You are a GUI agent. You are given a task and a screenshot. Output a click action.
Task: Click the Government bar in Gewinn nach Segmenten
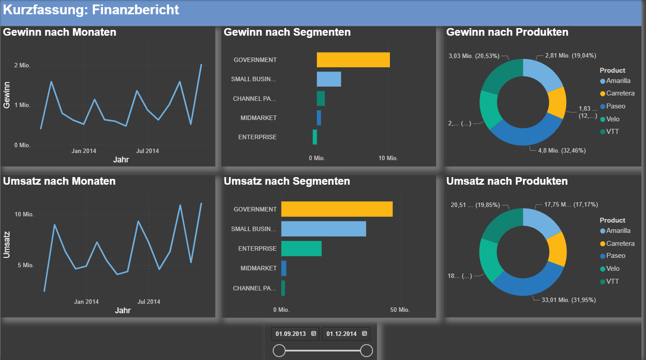pyautogui.click(x=353, y=60)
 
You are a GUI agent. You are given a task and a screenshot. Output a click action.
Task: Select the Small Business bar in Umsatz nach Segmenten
pyautogui.click(x=323, y=229)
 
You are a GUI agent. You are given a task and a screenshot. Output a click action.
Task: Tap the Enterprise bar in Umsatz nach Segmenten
pyautogui.click(x=301, y=248)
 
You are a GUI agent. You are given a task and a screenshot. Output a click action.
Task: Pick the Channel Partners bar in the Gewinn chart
pyautogui.click(x=321, y=99)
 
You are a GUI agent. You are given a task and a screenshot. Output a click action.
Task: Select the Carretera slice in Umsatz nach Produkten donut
pyautogui.click(x=556, y=249)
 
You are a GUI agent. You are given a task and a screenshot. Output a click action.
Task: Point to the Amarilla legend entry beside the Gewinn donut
pyautogui.click(x=618, y=81)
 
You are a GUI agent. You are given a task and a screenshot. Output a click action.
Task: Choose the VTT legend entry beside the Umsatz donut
pyautogui.click(x=613, y=281)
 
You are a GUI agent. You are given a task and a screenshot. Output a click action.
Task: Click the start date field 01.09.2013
pyautogui.click(x=290, y=334)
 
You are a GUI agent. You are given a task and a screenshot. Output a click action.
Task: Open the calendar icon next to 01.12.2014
pyautogui.click(x=364, y=334)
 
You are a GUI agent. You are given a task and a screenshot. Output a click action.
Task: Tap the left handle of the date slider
pyautogui.click(x=279, y=351)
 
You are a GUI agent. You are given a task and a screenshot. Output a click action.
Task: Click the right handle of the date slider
pyautogui.click(x=366, y=351)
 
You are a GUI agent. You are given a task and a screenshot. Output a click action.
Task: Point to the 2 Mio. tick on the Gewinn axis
pyautogui.click(x=22, y=66)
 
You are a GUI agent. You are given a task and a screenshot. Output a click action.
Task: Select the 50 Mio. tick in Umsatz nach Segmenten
pyautogui.click(x=400, y=310)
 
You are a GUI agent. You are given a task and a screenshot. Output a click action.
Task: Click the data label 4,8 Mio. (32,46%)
pyautogui.click(x=562, y=151)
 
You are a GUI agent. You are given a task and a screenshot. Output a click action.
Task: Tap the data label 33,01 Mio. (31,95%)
pyautogui.click(x=568, y=300)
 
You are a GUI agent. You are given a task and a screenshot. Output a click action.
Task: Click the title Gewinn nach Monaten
pyautogui.click(x=60, y=32)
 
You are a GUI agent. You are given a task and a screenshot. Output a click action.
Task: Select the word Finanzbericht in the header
pyautogui.click(x=136, y=10)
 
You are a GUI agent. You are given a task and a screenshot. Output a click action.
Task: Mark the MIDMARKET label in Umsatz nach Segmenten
pyautogui.click(x=258, y=268)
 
